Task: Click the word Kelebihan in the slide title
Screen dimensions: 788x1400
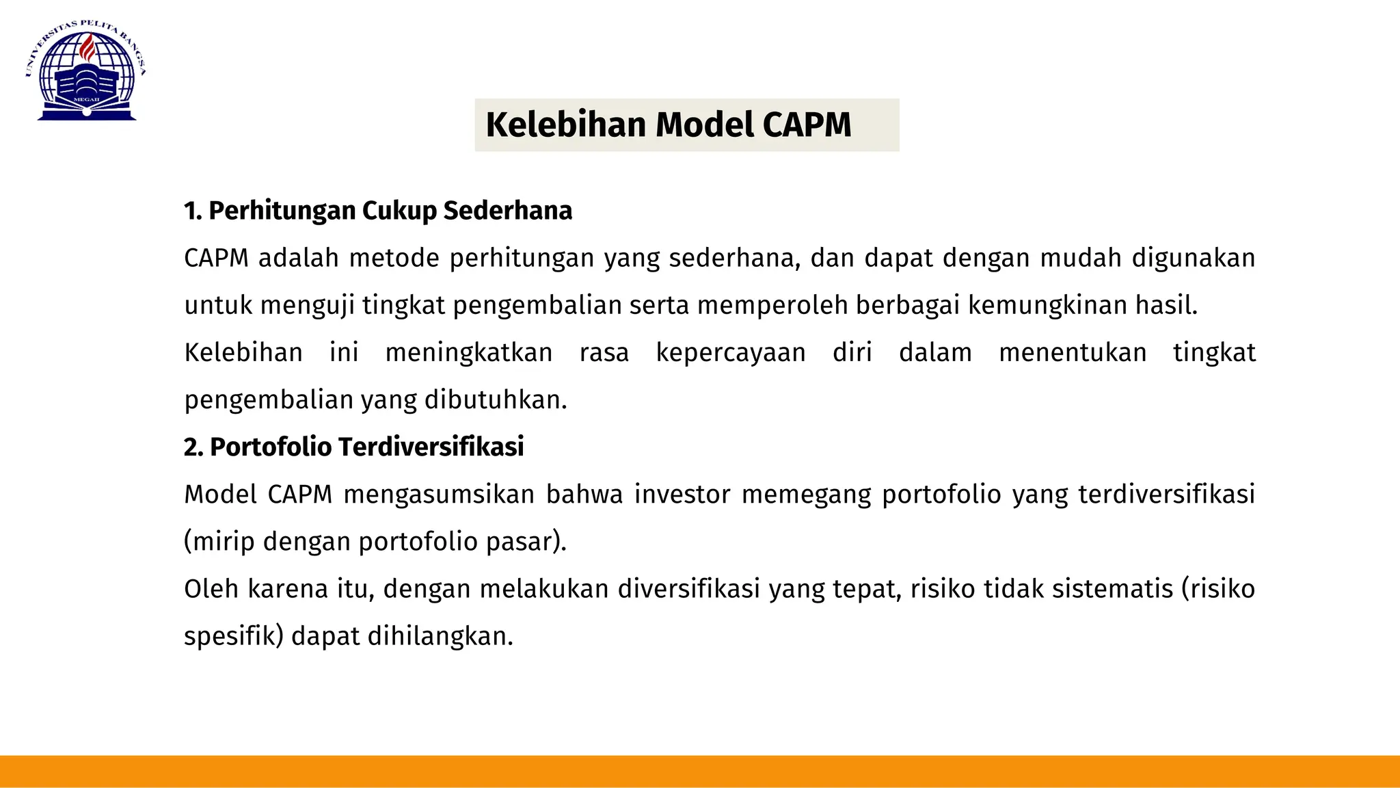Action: tap(565, 125)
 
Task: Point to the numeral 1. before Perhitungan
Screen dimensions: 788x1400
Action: tap(192, 211)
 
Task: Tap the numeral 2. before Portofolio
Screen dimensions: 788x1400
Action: tap(193, 447)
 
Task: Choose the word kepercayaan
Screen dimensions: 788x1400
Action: tap(731, 353)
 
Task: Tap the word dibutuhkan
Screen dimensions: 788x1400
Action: tap(496, 400)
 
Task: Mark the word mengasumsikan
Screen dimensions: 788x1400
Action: tap(439, 495)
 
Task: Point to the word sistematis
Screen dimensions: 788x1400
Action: tap(1112, 589)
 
